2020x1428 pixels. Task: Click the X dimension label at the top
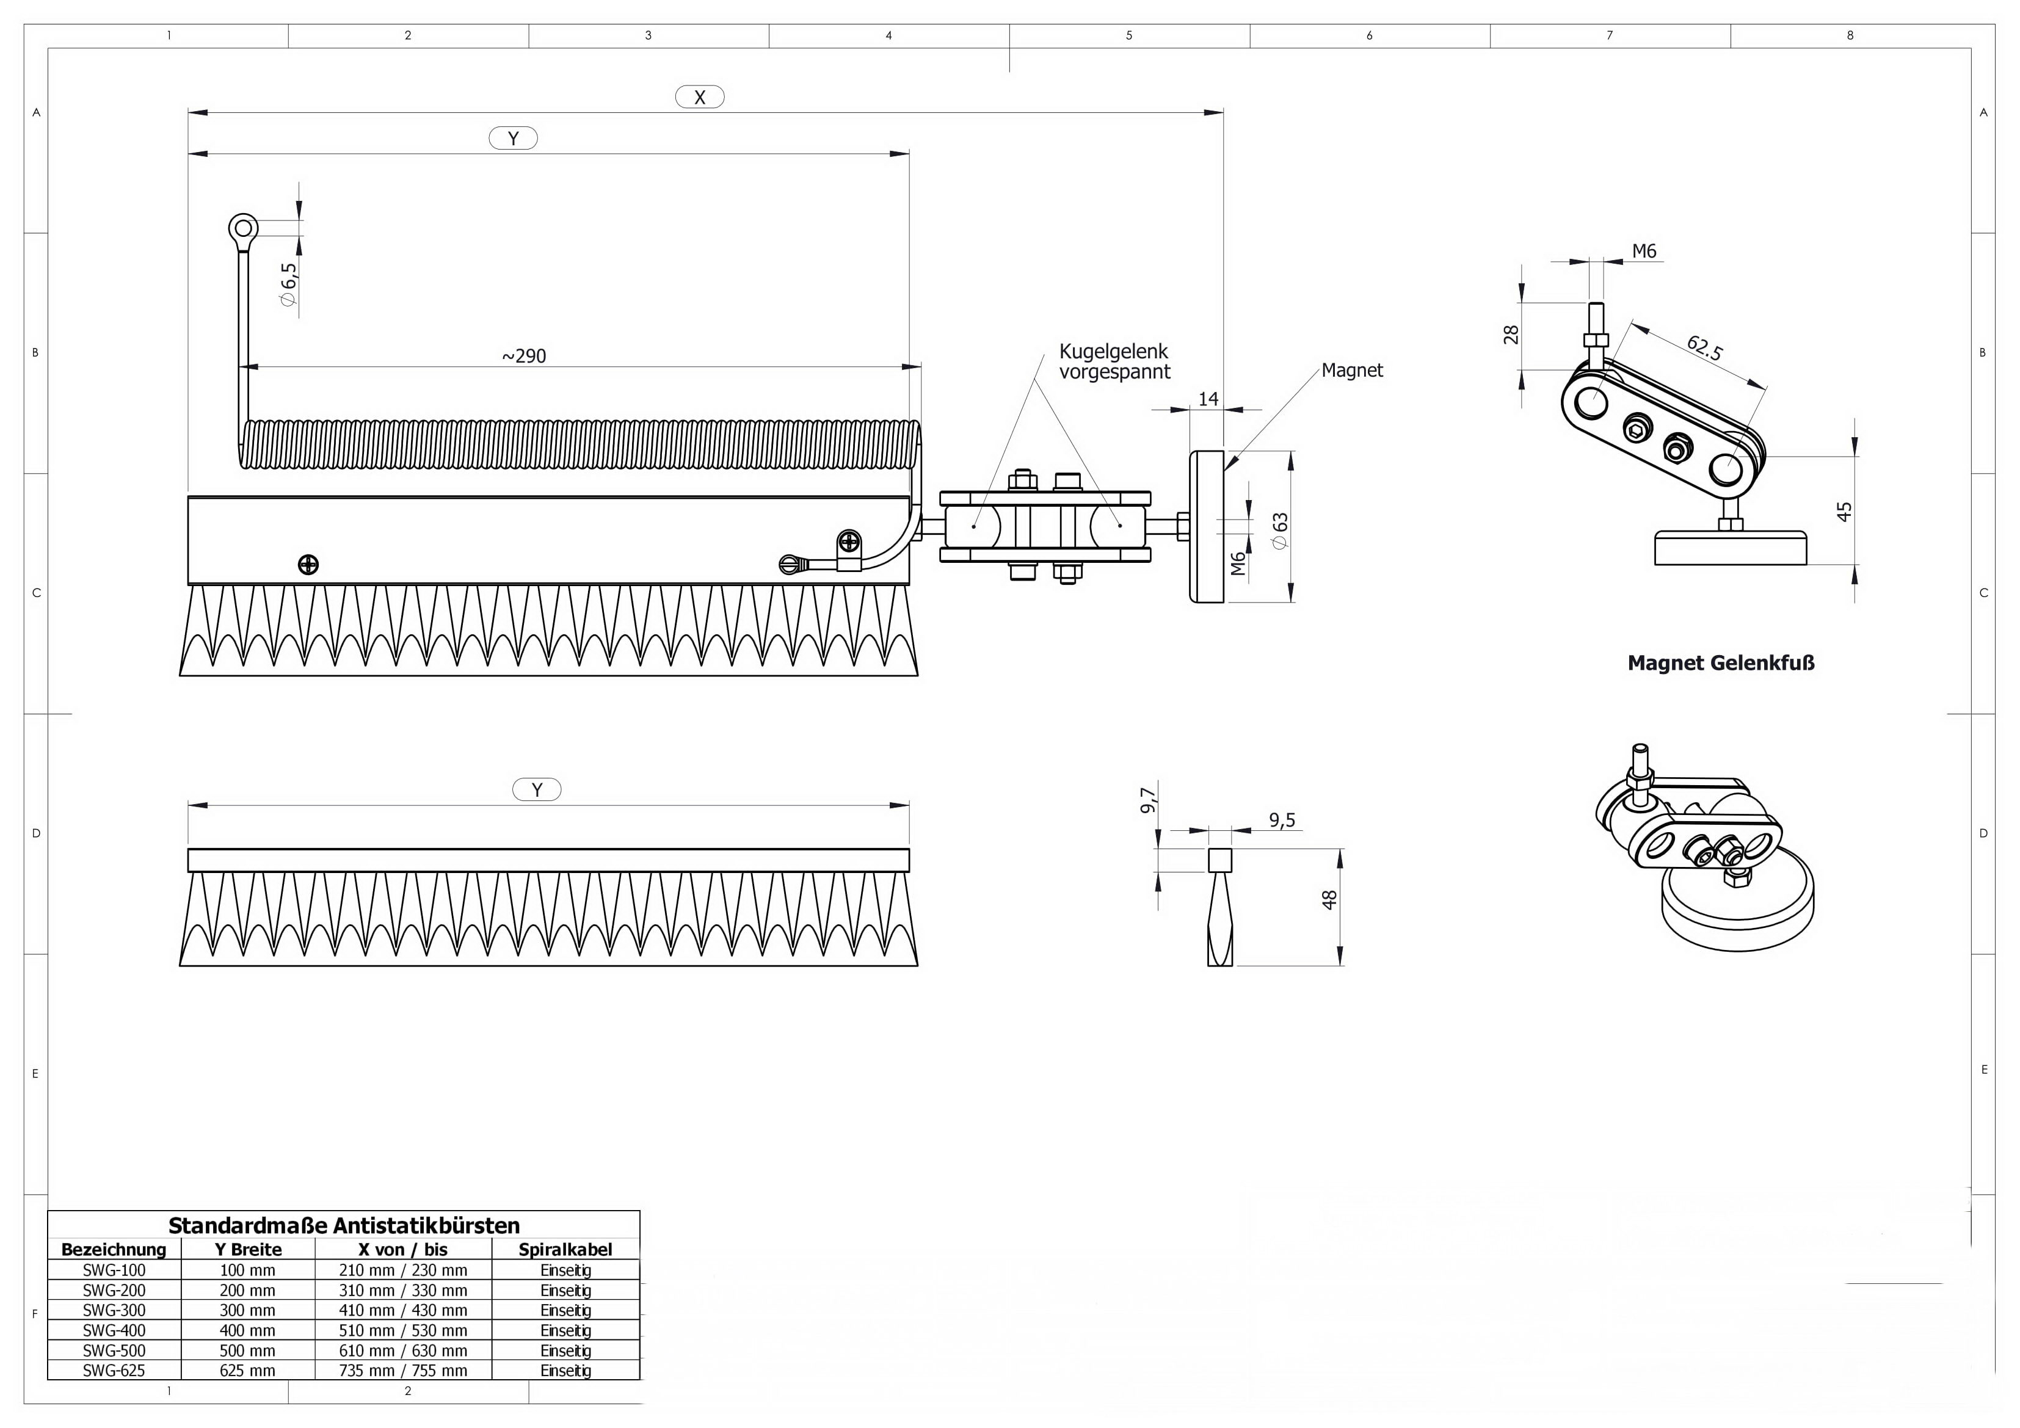699,97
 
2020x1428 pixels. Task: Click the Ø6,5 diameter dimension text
289,283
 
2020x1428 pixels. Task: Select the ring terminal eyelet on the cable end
243,230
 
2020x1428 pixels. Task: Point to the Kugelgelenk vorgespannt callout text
1114,361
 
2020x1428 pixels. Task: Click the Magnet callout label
1351,371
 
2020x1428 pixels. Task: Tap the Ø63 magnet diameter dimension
1280,531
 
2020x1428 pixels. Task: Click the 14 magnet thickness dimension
1208,399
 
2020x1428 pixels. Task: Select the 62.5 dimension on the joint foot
1704,347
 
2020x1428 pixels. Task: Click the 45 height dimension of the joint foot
1845,511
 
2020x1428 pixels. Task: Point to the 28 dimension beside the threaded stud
1511,335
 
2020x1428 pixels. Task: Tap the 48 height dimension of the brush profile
1329,899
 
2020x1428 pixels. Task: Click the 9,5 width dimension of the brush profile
1282,820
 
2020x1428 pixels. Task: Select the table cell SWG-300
114,1310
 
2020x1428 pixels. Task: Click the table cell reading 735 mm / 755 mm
403,1370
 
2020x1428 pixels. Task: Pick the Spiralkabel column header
565,1249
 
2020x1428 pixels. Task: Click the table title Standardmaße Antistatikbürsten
344,1226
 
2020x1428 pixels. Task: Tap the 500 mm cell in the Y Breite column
247,1350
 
